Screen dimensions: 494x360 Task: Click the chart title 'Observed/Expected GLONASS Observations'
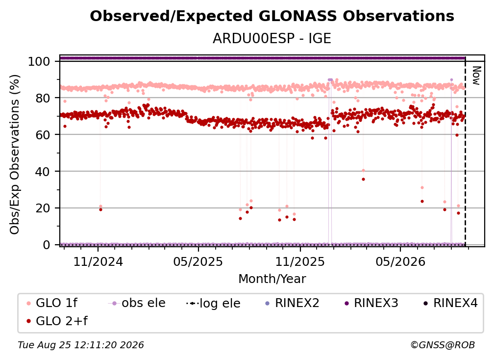coord(272,16)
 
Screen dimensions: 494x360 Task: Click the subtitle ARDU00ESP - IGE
coord(272,38)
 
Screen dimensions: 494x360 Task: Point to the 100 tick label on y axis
coord(39,61)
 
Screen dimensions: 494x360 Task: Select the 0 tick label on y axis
coord(47,245)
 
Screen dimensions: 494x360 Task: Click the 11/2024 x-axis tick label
coord(98,261)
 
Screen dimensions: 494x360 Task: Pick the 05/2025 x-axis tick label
coord(198,261)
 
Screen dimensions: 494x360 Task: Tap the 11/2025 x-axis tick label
coord(300,261)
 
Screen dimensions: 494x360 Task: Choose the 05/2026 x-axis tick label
coord(400,261)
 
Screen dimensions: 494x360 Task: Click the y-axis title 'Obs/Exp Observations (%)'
coord(15,154)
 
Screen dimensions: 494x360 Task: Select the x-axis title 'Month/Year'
coord(272,279)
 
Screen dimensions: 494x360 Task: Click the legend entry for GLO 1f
coord(52,303)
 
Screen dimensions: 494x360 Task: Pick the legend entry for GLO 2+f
coord(57,321)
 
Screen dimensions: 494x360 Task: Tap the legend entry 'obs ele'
coord(137,303)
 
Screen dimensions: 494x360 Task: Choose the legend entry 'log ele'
coord(213,303)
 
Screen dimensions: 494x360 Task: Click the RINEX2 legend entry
coord(293,303)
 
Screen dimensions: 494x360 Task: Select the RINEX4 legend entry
coord(450,303)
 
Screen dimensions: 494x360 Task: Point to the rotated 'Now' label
coord(476,76)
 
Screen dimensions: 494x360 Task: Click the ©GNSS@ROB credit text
coord(443,345)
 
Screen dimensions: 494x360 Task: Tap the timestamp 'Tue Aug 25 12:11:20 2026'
coord(81,345)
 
